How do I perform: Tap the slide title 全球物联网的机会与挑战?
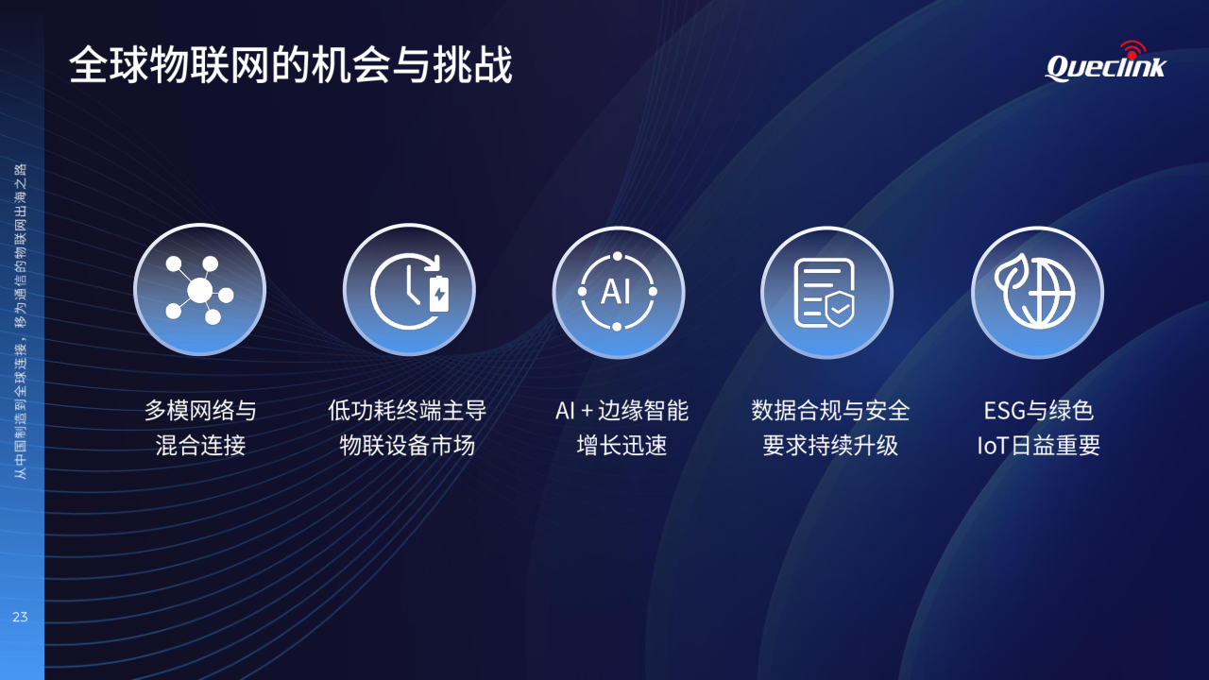click(x=290, y=65)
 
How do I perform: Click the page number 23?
click(x=20, y=617)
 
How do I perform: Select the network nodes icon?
click(x=199, y=290)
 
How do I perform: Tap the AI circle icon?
click(x=619, y=292)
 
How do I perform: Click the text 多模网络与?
click(x=200, y=411)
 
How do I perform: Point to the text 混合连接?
click(x=200, y=446)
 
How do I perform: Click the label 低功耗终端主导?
click(x=407, y=411)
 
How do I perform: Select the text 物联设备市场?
click(x=407, y=446)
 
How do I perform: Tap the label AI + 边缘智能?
click(x=622, y=411)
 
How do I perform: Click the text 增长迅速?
click(x=622, y=446)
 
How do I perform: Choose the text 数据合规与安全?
click(x=830, y=411)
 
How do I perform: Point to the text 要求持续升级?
click(x=830, y=446)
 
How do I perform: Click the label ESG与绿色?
click(x=1039, y=411)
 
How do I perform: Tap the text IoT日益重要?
click(x=1039, y=446)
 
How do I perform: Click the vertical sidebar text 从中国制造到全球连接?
click(x=21, y=411)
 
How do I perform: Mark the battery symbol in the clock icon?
click(x=439, y=293)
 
